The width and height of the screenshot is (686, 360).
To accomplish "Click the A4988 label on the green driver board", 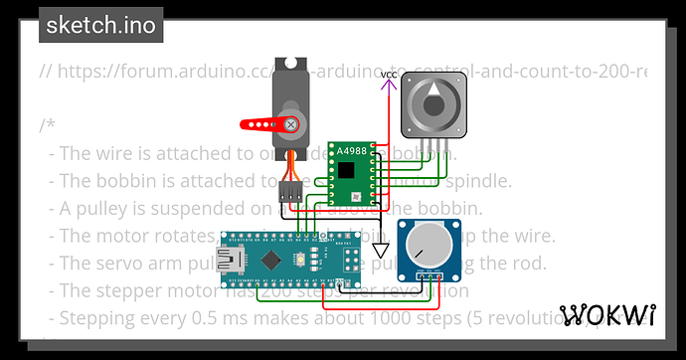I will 351,150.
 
